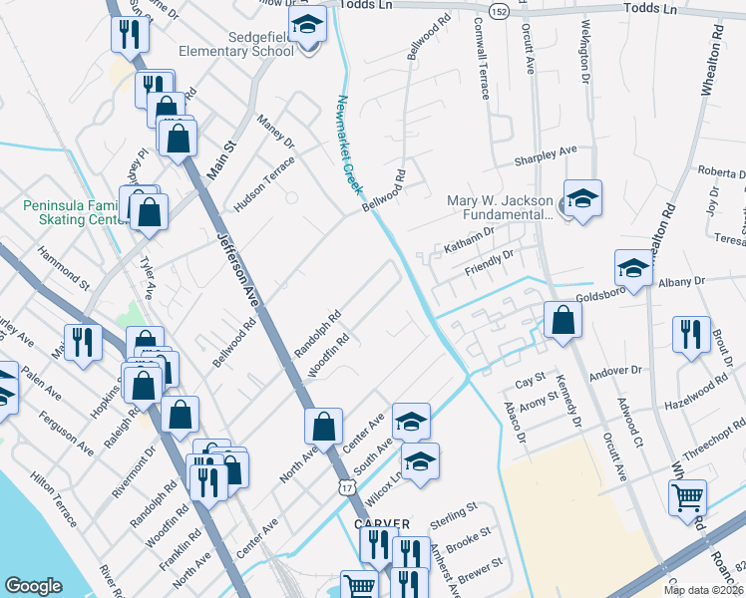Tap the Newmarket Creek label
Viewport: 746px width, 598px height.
coord(347,145)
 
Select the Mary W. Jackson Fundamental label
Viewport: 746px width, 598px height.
coord(499,206)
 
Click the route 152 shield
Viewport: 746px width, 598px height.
coord(498,11)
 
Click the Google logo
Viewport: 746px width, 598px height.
coord(33,585)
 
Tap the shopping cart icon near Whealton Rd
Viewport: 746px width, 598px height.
coord(688,495)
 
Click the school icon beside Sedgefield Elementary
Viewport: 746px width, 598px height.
coord(307,25)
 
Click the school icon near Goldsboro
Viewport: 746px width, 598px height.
coord(633,266)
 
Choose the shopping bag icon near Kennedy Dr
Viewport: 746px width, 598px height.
coord(562,320)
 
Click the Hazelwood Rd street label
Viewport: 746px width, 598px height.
coord(696,395)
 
